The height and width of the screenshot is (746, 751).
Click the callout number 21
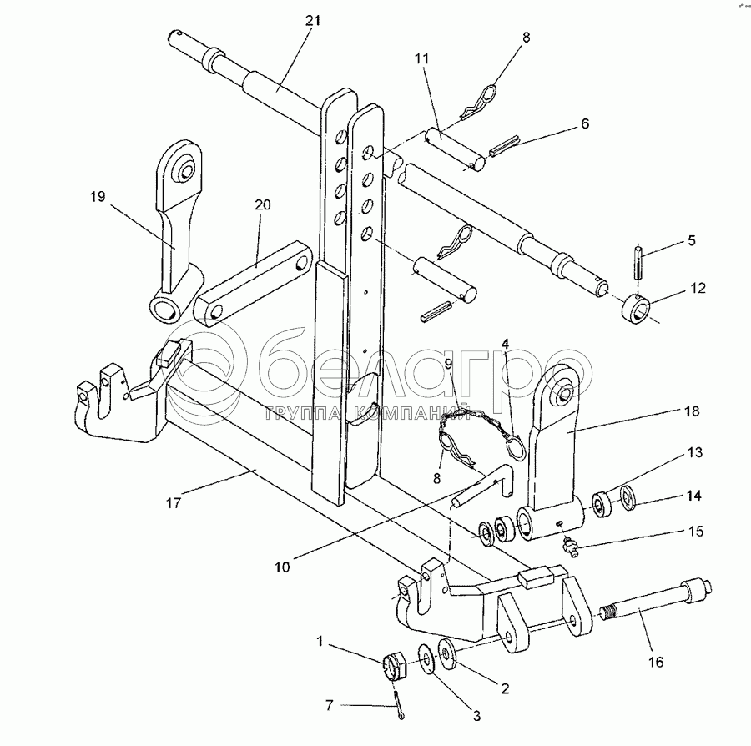(x=312, y=21)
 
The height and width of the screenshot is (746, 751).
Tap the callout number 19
(x=98, y=197)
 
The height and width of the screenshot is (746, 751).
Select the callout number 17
(x=174, y=503)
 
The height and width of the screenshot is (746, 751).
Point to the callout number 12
(x=698, y=288)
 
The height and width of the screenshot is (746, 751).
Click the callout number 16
(x=656, y=662)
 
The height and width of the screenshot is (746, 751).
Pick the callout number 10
(x=282, y=567)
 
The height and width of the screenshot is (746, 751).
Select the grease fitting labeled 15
(x=571, y=547)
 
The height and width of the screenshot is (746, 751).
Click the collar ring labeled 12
(x=637, y=310)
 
